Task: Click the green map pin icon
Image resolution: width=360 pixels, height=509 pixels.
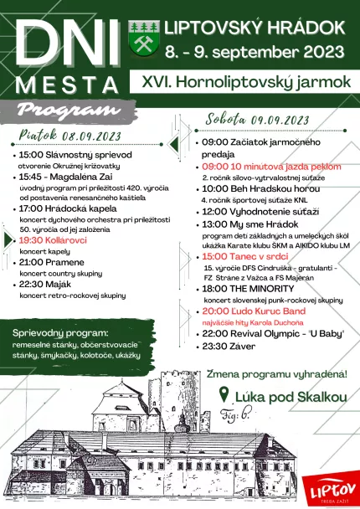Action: (224, 394)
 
